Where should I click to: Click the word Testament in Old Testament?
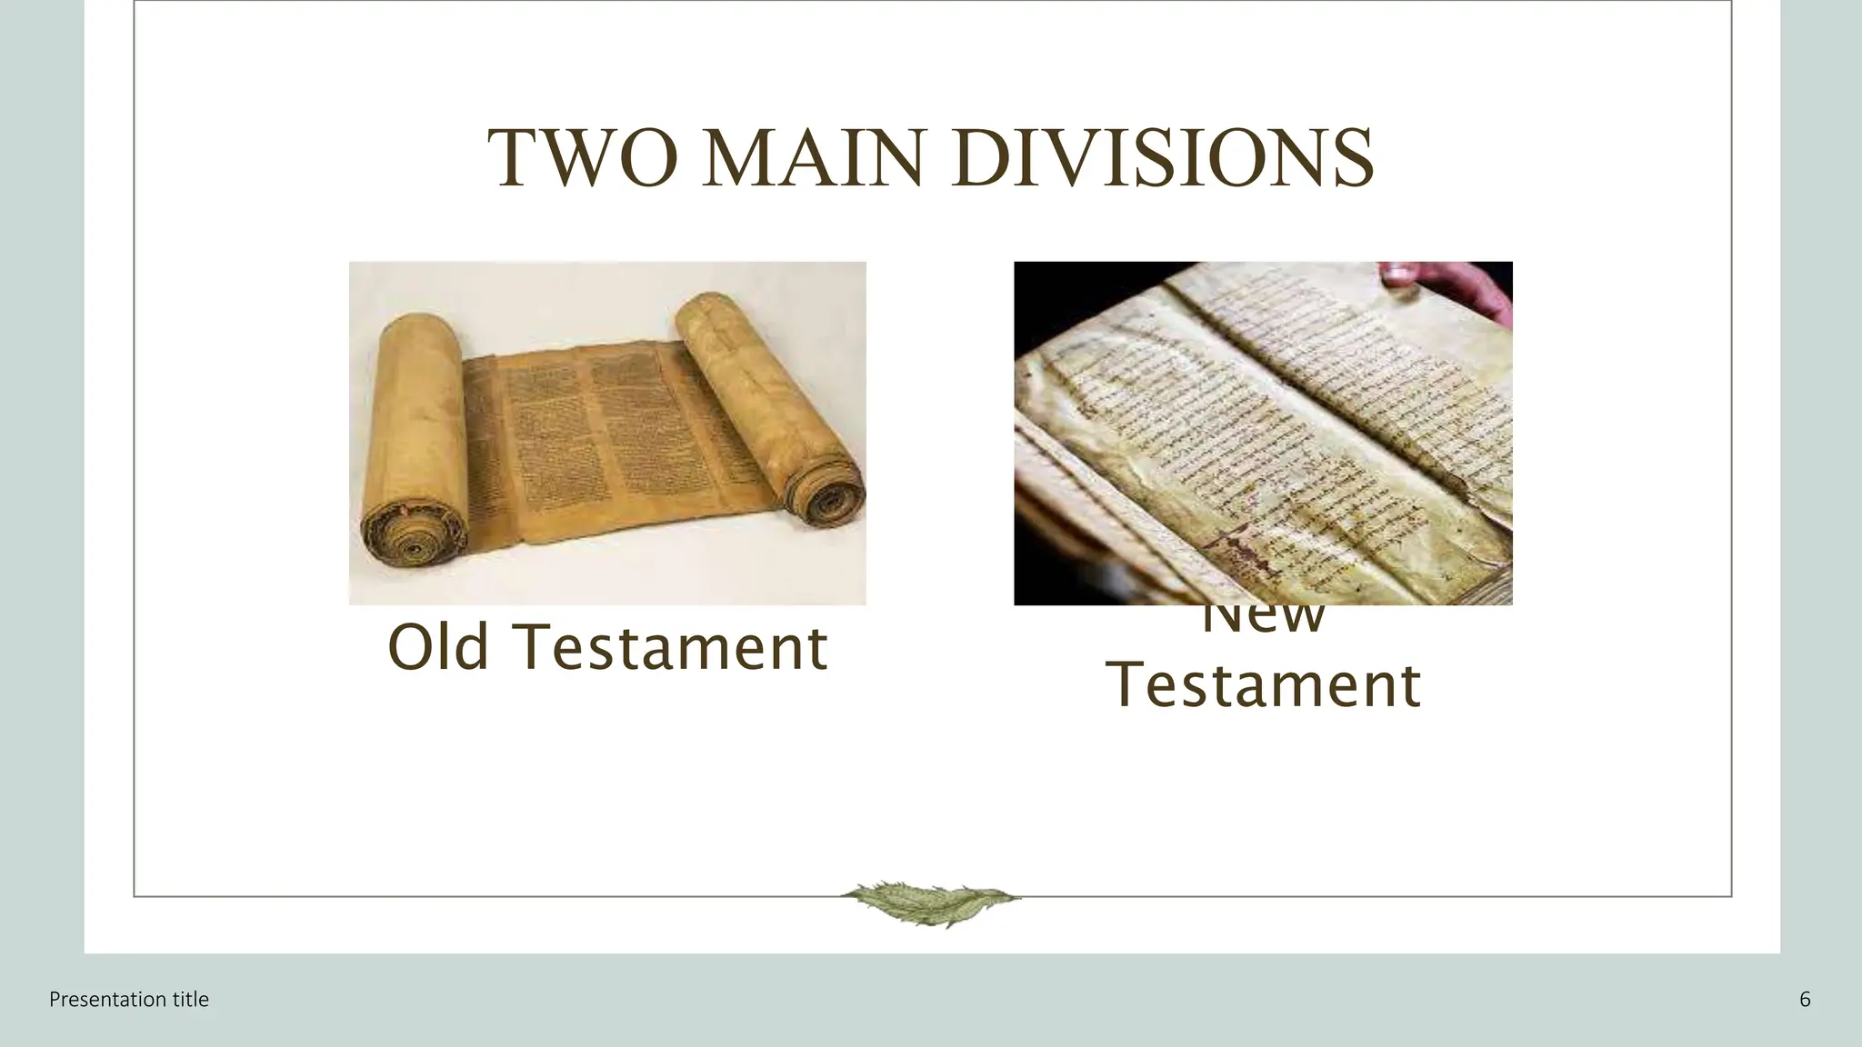coord(674,647)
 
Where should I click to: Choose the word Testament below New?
coord(1264,685)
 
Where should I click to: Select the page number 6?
coord(1805,1000)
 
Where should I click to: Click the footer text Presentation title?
coord(129,1000)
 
